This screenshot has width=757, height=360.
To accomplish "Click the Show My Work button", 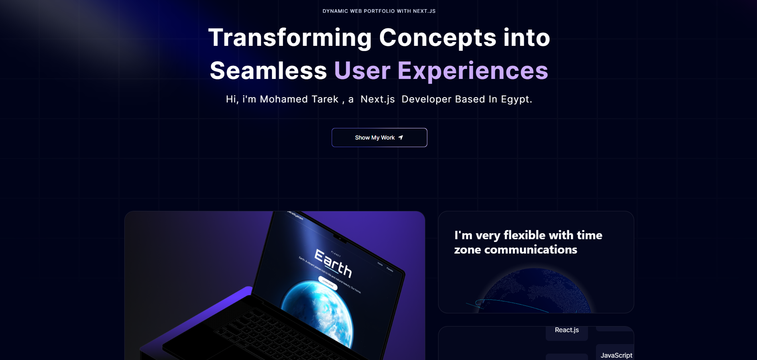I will pos(379,138).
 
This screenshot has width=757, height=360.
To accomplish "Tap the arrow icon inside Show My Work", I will pos(401,138).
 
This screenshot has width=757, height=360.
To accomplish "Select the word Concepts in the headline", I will pos(438,37).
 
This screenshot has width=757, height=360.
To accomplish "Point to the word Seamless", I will pos(268,71).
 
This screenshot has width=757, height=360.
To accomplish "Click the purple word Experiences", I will pos(473,71).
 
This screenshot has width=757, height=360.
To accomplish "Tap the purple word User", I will pos(362,71).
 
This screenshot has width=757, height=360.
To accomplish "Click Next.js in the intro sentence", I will pos(378,99).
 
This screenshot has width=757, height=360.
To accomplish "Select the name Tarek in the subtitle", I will pos(325,99).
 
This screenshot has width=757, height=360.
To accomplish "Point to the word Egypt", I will pos(516,99).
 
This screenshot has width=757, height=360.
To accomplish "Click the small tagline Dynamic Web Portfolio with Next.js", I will pos(379,11).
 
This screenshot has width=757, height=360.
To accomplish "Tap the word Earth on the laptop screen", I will pos(333,264).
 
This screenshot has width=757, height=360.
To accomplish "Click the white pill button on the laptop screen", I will pos(328,283).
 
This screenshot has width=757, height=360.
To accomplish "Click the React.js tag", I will pos(566,330).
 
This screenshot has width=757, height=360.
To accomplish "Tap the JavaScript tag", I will pos(616,355).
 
